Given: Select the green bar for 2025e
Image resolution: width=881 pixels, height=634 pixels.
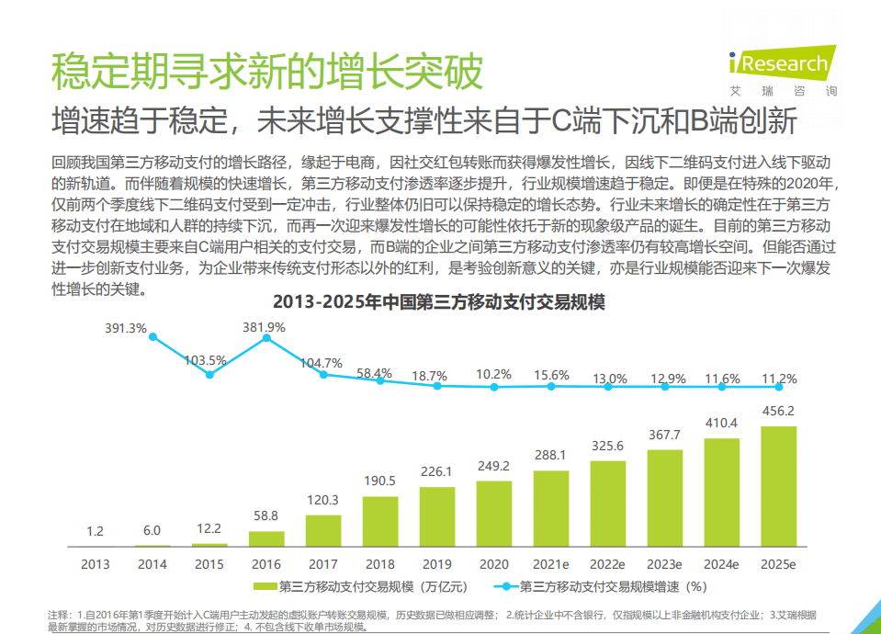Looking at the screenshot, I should pos(779,486).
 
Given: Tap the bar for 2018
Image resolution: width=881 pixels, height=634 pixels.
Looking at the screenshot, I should pos(380,521).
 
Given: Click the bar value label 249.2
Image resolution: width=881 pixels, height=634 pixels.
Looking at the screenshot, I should pos(494,466).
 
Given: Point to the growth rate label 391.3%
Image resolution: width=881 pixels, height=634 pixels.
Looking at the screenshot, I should pos(125,328).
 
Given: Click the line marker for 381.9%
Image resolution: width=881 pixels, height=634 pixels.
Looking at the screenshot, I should pos(266,338).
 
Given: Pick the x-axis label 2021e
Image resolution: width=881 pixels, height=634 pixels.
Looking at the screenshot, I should pos(551,564).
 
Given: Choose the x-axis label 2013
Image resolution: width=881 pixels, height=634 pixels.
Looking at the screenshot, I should pos(96,564).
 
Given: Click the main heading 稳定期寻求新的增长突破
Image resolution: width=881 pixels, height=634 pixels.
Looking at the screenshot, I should pos(266,72).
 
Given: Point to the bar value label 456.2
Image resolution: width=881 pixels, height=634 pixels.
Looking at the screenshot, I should pos(779,411).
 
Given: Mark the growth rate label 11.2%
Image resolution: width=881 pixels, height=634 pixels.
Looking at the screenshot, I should pos(779,378).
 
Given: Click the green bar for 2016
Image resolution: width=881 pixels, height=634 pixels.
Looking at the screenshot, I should pos(266,538).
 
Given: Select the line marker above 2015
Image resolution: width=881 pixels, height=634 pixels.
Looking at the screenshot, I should pos(209,374).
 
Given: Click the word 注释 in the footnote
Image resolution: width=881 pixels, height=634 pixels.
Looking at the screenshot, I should pos(59,614).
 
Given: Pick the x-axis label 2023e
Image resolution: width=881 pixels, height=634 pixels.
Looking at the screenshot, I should pos(665,564).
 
